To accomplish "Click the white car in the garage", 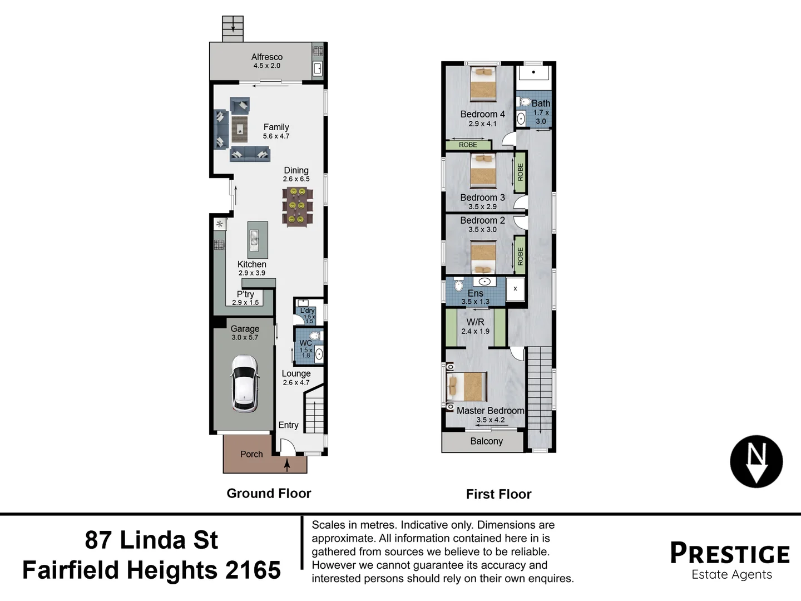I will coord(245,383).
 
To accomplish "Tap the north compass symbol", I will coord(756,461).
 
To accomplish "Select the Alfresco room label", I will coord(267,57).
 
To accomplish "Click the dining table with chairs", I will coord(297,206).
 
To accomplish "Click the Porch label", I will coord(251,454).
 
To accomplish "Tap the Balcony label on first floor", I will coord(486,441).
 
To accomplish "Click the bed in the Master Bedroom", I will coord(467,387).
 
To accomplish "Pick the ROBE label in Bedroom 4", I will coord(468,145).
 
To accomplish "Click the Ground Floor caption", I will coord(269,493).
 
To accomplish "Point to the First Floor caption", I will coord(498,494).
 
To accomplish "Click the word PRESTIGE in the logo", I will coord(730,554).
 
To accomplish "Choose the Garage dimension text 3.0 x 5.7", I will coord(245,337).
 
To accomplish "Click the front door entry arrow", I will coord(287,465).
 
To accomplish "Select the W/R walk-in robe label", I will coord(475,322).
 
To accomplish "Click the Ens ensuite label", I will coord(475,293).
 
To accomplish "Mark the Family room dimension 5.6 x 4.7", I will coord(276,136).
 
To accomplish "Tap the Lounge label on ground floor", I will coord(296,373).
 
